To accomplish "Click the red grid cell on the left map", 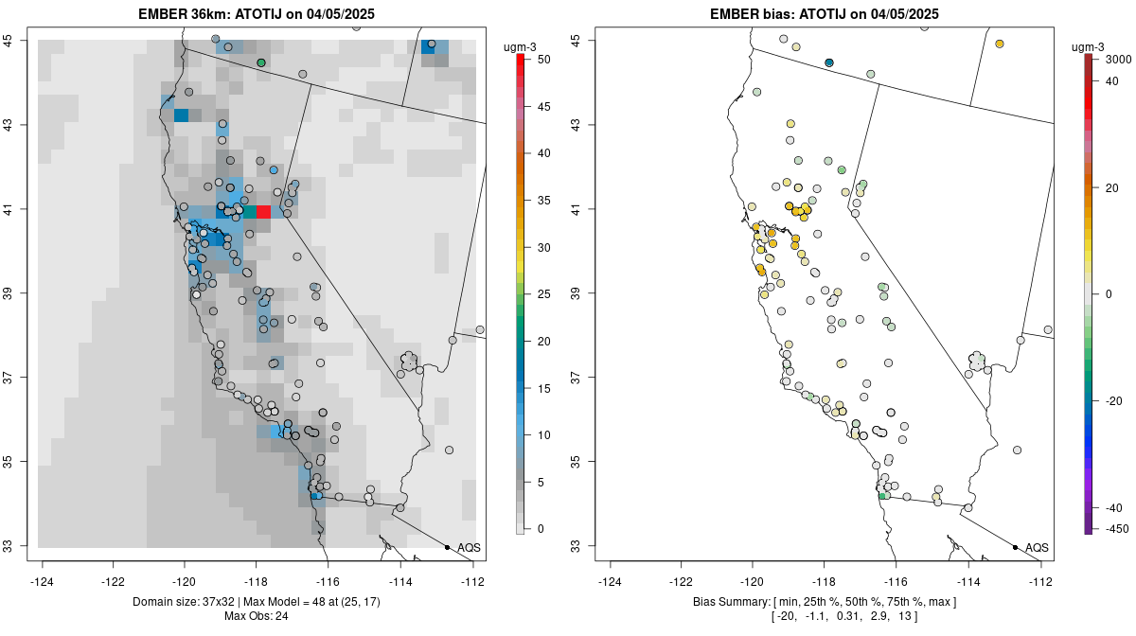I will pos(264,212).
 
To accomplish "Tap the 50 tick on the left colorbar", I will pos(542,60).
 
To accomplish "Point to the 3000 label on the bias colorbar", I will pos(1118,60).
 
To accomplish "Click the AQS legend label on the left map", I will pos(469,547).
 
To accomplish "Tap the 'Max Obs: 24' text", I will pos(257,616).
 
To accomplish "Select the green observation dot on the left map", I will pos(261,62).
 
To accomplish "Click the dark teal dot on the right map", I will pos(829,62).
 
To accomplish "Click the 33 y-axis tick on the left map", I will pos(16,546).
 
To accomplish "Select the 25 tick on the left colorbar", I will pos(542,294).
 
